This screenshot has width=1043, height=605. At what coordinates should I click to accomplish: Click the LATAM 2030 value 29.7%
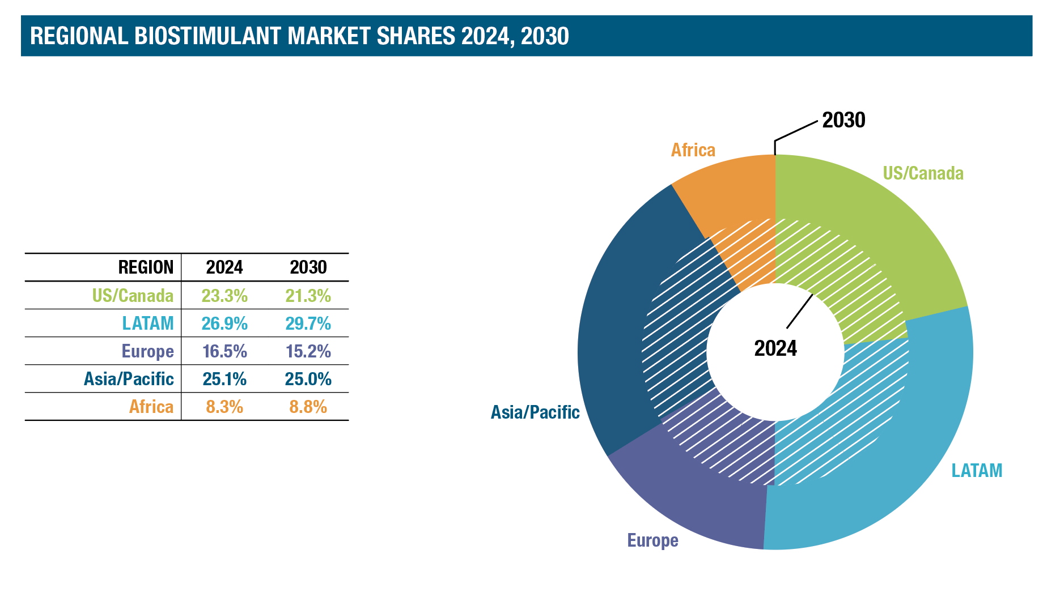click(308, 323)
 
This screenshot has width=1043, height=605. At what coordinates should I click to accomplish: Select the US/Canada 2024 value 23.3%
click(224, 296)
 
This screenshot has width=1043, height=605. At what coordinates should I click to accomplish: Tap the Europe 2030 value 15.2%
click(308, 351)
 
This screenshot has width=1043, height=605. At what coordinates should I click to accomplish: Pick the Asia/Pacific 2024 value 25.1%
click(224, 379)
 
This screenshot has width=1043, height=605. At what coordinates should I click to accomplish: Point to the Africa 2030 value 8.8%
click(308, 407)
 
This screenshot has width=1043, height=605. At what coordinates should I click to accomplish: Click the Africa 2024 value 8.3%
click(224, 407)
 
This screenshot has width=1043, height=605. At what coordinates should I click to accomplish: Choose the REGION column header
click(146, 267)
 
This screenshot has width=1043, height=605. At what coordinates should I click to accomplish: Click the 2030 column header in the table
click(308, 267)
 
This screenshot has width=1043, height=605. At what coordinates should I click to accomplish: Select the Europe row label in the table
click(147, 351)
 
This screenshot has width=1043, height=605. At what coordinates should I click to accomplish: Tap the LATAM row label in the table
click(148, 323)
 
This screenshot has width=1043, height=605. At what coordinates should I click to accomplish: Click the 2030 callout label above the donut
click(843, 120)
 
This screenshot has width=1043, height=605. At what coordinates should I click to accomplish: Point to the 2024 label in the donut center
click(775, 348)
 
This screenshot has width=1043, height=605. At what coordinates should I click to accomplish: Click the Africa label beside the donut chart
click(693, 150)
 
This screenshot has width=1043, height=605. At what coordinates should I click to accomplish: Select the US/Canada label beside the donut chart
click(923, 173)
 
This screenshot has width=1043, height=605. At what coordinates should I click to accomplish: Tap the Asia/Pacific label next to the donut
click(535, 412)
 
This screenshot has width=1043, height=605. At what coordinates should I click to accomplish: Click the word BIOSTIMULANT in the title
click(209, 36)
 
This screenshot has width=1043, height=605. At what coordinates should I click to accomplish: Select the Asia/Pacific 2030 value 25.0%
click(308, 379)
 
